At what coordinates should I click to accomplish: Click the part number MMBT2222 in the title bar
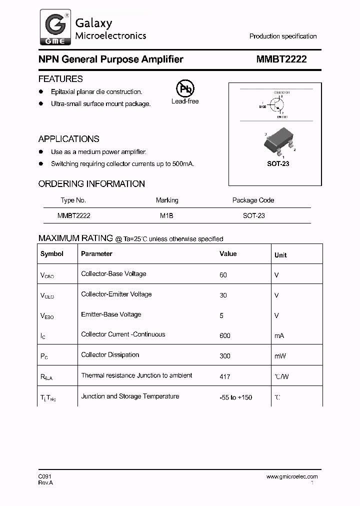[281, 59]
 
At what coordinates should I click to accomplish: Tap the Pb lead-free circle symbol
[185, 89]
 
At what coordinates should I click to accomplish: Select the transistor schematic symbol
[275, 104]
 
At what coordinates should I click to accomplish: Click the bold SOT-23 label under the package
[278, 163]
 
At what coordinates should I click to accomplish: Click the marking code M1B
[166, 215]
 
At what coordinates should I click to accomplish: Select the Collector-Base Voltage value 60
[223, 275]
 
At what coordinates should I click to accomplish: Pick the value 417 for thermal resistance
[224, 376]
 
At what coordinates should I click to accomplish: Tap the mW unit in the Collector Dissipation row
[279, 356]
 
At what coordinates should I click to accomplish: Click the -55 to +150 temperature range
[235, 397]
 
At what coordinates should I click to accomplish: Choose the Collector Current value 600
[224, 335]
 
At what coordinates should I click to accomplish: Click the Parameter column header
[96, 253]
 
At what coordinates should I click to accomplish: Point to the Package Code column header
[253, 200]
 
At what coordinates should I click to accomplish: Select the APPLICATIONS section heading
[68, 139]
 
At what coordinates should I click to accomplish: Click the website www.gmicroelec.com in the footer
[292, 476]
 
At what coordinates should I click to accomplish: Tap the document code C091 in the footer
[45, 476]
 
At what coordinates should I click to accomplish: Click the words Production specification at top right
[283, 36]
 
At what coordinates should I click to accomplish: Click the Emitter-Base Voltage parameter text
[111, 314]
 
